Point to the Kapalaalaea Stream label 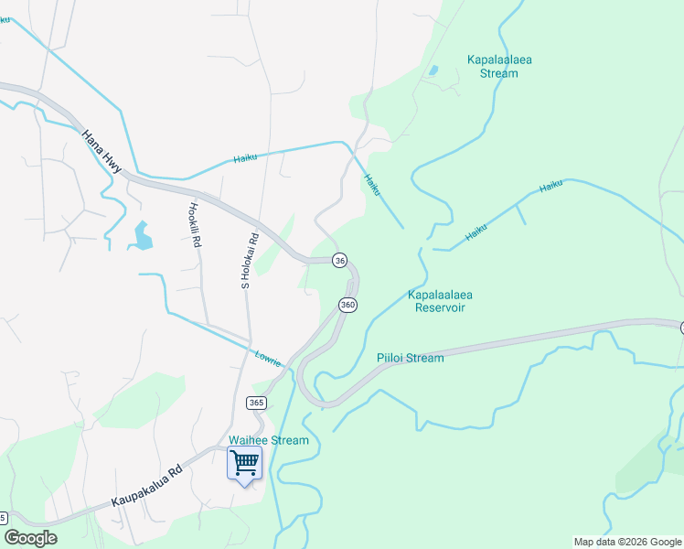tap(499, 67)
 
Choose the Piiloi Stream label tap(410, 358)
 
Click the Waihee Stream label tap(269, 440)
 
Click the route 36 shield tap(339, 261)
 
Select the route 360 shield tap(347, 305)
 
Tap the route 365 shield tap(256, 403)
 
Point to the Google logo tap(30, 538)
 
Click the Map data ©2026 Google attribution tap(627, 542)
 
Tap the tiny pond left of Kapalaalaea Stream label tap(433, 70)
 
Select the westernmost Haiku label tap(245, 157)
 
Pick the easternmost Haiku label tap(550, 186)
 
